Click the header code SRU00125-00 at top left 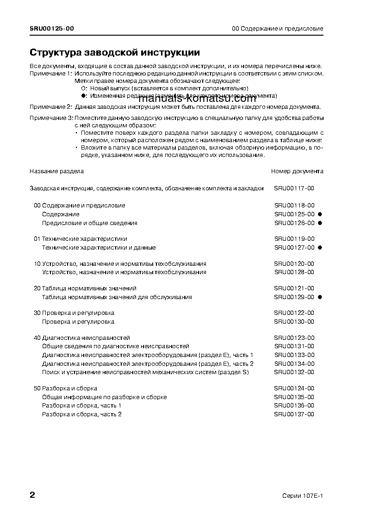(51, 29)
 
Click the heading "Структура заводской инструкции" (115, 52)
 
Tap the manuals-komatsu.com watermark (197, 99)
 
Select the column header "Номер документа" (297, 171)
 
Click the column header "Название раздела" (57, 171)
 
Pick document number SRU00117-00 (294, 188)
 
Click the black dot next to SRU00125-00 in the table (320, 214)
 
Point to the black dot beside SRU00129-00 (320, 297)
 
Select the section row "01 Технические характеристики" (81, 239)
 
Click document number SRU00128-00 (294, 272)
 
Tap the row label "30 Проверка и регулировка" (74, 313)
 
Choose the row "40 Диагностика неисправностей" (82, 338)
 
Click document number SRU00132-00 (294, 372)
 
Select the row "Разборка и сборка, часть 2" (82, 414)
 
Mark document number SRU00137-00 (294, 414)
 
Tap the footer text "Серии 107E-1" (303, 495)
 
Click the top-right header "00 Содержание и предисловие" (277, 29)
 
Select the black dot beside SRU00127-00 (320, 248)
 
